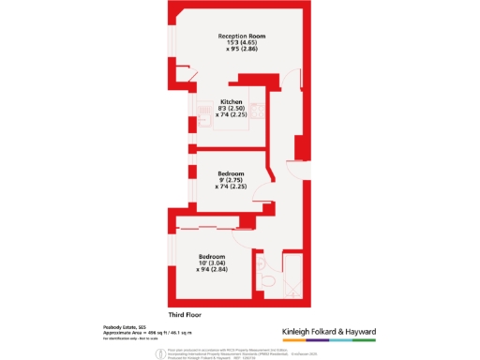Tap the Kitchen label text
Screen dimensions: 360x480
pyautogui.click(x=232, y=101)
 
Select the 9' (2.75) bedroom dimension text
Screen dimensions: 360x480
pyautogui.click(x=232, y=181)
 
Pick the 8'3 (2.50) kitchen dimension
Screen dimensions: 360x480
pyautogui.click(x=232, y=109)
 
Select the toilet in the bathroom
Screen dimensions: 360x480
pyautogui.click(x=268, y=280)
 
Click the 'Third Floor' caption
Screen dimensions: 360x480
pyautogui.click(x=186, y=313)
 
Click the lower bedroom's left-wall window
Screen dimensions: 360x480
pyautogui.click(x=172, y=263)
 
